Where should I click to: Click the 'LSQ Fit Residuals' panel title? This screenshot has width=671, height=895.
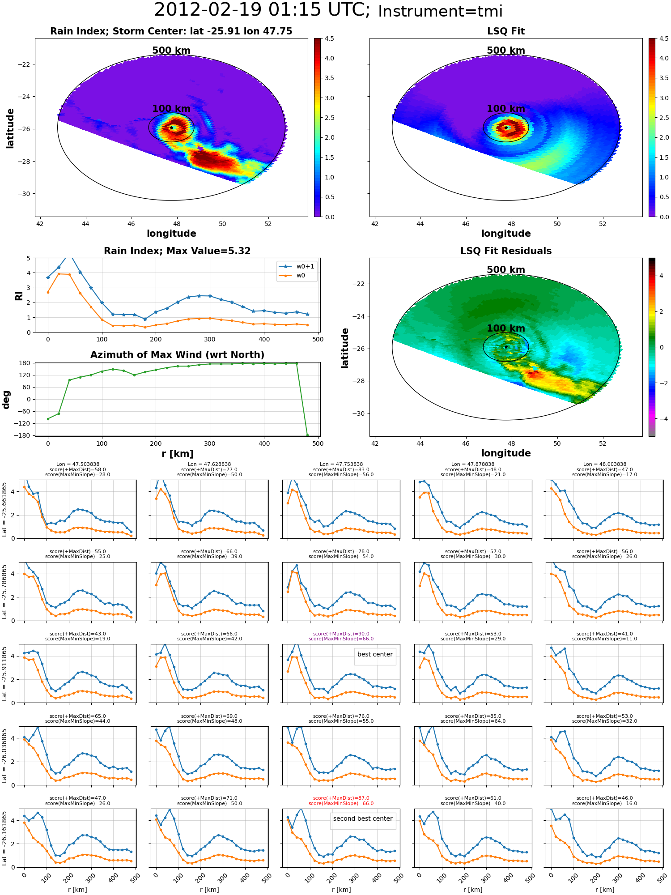506,251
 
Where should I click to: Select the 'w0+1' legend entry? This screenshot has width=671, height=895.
297,266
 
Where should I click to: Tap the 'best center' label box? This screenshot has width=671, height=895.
375,654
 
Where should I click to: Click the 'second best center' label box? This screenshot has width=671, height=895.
363,818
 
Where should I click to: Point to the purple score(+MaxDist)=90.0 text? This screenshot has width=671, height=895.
341,634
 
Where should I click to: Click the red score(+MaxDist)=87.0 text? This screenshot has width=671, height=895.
341,798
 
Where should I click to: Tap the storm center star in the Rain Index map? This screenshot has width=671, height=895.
171,128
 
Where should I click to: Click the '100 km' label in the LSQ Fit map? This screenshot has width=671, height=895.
506,109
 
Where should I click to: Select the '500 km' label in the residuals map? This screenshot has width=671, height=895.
506,270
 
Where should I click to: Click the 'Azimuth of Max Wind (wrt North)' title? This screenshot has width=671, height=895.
178,355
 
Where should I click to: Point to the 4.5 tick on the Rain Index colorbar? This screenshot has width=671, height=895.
329,38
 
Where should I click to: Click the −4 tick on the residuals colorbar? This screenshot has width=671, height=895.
662,419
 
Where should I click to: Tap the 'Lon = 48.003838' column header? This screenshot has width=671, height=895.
605,464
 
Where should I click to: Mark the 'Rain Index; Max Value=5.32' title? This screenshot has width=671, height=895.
178,251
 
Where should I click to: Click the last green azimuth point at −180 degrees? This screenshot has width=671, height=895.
307,435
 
